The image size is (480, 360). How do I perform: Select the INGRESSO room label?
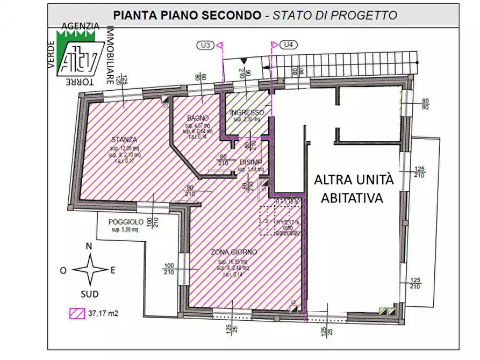click(247, 112)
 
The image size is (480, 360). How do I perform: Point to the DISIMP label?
click(251, 162)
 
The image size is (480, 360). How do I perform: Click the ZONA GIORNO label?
click(234, 251)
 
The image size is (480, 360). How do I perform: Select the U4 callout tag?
click(289, 45)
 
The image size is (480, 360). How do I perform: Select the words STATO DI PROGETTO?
click(334, 15)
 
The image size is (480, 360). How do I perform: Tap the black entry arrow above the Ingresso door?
click(245, 62)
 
